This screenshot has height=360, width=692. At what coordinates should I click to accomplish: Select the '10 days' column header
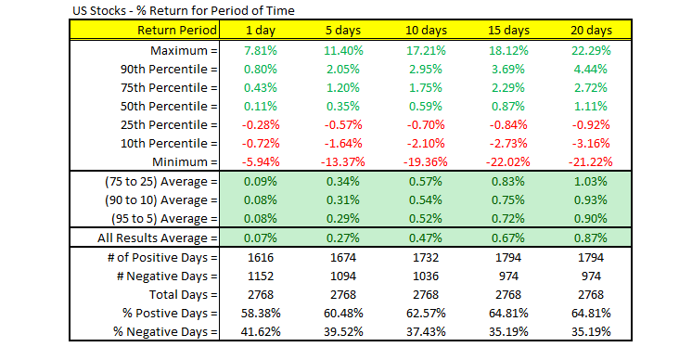[x=425, y=30]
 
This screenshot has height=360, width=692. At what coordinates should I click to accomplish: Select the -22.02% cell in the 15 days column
[x=506, y=162]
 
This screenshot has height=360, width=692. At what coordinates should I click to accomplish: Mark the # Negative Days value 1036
[x=425, y=276]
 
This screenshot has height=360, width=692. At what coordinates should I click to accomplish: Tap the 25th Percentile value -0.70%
[x=425, y=124]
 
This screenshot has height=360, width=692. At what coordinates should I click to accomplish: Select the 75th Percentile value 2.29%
[x=506, y=86]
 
